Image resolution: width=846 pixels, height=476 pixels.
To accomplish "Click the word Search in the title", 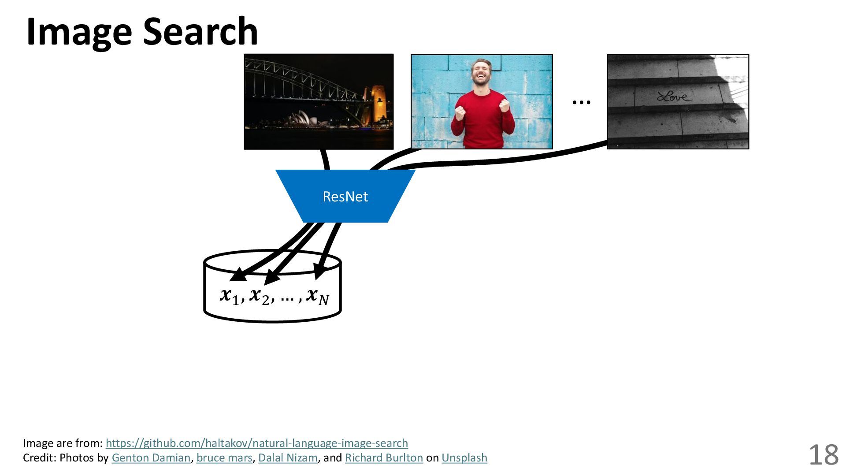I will coord(200,32).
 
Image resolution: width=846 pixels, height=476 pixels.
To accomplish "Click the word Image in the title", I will coord(79,32).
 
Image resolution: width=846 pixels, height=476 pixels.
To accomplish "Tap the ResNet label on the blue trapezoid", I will coord(345,197).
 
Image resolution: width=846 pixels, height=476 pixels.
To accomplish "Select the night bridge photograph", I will coord(319,102).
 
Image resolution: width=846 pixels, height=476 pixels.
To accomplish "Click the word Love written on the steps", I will coord(674,96).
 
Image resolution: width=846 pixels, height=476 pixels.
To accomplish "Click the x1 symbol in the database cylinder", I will coord(230,296).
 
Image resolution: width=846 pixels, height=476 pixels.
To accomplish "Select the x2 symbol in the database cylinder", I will coord(259,296).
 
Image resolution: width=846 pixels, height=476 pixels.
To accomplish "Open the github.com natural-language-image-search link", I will coord(256,443).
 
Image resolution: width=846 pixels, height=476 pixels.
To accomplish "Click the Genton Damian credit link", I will coord(151,458).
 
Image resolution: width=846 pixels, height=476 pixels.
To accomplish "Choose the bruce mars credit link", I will coord(224,458).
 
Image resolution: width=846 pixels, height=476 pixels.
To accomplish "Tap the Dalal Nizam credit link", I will coord(288,458).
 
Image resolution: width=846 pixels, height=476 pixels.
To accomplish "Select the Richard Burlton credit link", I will coord(384,458).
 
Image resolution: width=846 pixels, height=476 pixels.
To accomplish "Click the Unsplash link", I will coord(464,458).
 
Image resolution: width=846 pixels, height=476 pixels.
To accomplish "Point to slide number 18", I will coord(823,455).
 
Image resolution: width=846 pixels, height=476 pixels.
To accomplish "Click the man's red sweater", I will coord(482,119).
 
